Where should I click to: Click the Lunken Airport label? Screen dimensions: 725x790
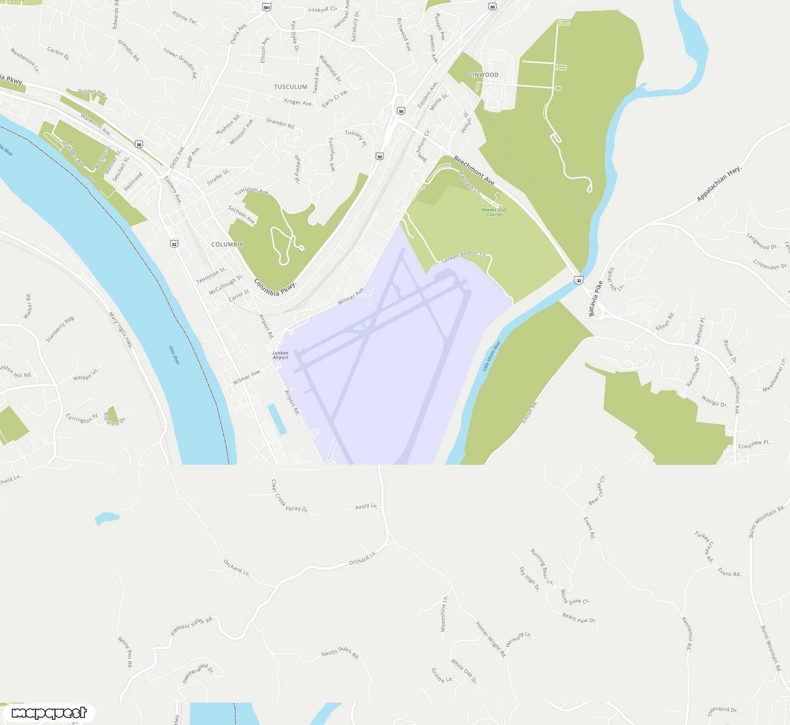coord(280,355)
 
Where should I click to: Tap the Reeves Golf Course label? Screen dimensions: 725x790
coord(494,212)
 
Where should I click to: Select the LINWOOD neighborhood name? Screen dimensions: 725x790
coord(483,75)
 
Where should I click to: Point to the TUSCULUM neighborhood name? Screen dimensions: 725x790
coord(290,87)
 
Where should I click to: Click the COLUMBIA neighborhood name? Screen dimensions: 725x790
coord(227,244)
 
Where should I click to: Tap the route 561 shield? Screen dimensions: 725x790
coord(266,7)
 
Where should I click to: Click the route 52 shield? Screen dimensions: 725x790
coord(174,244)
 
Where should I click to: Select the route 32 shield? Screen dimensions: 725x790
coord(579,280)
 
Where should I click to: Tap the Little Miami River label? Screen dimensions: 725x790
coord(491,356)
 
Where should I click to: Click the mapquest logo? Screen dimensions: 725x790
coord(49,713)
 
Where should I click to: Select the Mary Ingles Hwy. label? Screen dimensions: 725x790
coord(121,330)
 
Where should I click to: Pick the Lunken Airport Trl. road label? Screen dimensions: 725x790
coord(463,256)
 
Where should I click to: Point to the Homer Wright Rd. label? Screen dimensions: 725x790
coord(490,639)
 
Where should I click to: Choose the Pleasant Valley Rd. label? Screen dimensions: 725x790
coord(192,626)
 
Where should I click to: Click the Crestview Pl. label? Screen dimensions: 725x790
coord(754,444)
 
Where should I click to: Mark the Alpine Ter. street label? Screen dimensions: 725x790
coord(185,18)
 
